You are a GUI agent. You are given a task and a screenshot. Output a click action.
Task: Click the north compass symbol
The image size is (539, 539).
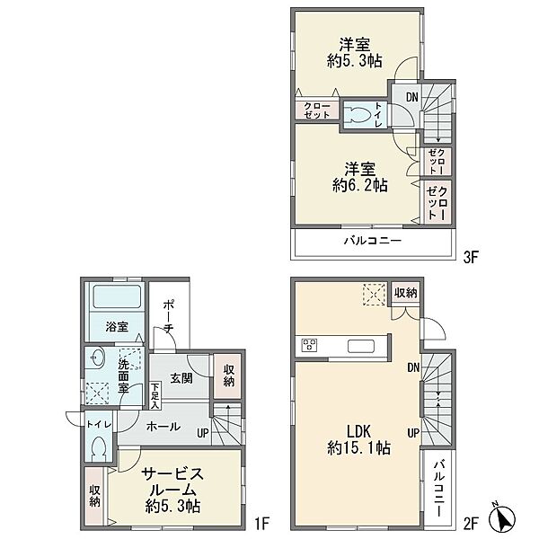coord(502,518)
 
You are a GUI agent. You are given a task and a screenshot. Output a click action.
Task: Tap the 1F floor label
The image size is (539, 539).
coord(261,524)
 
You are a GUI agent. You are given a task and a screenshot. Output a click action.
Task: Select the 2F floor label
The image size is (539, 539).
coord(471,524)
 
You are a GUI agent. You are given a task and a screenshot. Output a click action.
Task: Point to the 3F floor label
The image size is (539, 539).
coord(471,257)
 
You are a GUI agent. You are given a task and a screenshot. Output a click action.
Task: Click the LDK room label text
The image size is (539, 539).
coord(358,430)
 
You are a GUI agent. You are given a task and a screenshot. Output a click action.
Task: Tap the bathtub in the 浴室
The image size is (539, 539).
coord(117,296)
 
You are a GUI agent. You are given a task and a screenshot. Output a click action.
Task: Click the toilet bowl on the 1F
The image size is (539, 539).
coord(99,447)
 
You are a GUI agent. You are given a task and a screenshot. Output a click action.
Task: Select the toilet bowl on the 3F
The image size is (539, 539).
coord(358,114)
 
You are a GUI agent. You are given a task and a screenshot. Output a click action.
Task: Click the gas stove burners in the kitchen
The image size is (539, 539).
coord(309,345)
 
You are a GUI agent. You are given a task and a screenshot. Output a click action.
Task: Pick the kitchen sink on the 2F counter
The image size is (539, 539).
coord(360,346)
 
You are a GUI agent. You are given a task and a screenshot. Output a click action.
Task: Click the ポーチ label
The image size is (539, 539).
coord(168,316)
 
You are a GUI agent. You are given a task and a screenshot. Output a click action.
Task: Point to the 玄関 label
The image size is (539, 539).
coord(181,379)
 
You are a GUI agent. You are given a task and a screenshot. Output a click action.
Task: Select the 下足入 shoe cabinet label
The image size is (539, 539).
coord(155,395)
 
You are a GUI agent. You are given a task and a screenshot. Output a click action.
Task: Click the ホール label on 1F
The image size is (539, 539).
coord(163,427)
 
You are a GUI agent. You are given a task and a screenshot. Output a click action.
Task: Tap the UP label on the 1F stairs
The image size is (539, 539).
coord(203,433)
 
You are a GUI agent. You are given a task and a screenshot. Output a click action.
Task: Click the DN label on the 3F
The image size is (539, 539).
coord(411,97)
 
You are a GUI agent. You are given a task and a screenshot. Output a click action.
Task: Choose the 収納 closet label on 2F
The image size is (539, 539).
coord(406,293)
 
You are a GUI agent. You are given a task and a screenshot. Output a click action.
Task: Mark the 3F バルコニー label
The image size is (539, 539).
coord(373,240)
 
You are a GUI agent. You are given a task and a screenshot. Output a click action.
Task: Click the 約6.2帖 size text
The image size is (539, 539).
coord(360,186)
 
